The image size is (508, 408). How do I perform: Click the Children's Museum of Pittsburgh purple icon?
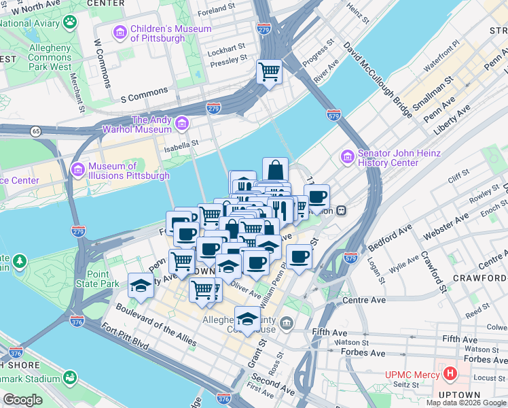click(x=120, y=33)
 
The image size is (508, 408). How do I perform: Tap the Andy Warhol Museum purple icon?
click(x=181, y=124)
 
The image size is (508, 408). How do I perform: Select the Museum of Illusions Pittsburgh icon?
click(x=78, y=169)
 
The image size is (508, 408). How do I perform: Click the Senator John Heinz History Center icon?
click(x=348, y=157)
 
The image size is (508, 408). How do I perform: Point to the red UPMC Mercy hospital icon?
click(x=449, y=373)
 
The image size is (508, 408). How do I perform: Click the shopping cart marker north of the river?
click(x=270, y=71)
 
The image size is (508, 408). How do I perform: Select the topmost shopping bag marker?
click(x=275, y=169)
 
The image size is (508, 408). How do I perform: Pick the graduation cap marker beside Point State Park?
click(x=141, y=286)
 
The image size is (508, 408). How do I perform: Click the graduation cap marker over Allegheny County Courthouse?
click(x=248, y=318)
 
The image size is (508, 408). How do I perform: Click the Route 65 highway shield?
click(x=34, y=130)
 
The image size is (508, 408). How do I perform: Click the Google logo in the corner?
click(x=22, y=399)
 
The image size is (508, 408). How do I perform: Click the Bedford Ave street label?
click(x=391, y=236)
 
